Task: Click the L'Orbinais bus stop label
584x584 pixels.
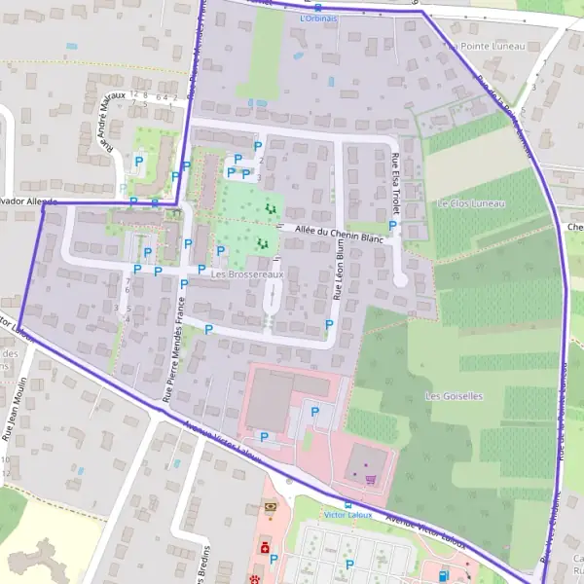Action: [318, 18]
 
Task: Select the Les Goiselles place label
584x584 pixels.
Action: [454, 396]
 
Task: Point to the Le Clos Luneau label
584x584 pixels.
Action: [472, 203]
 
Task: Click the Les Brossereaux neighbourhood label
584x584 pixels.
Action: [247, 274]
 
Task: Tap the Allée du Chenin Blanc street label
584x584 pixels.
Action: [340, 233]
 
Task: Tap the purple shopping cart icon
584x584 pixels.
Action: [370, 479]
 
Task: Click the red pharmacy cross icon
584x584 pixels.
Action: [264, 548]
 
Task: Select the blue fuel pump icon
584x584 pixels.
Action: [445, 575]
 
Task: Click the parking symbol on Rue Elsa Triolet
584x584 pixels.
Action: [392, 226]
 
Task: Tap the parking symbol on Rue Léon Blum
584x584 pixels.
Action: [329, 324]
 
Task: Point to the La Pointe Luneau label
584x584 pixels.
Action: [487, 46]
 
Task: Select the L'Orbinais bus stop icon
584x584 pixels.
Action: [318, 7]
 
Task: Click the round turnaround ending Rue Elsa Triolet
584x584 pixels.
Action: [400, 280]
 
